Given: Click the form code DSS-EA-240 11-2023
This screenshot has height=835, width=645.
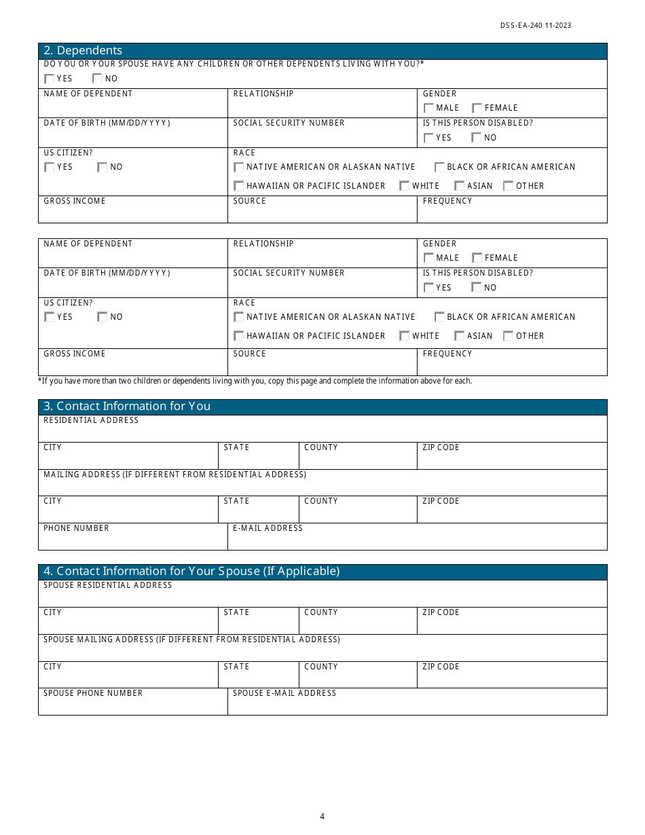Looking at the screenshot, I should pos(536,26).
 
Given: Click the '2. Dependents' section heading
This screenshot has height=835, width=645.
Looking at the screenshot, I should pos(83,51).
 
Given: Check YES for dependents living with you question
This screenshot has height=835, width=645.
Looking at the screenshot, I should pos(50,79).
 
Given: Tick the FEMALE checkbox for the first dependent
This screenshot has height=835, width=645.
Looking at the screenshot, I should pos(477,108).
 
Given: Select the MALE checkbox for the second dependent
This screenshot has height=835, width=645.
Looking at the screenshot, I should pos(428,258).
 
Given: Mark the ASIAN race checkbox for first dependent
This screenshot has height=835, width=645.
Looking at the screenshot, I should pos(460,186).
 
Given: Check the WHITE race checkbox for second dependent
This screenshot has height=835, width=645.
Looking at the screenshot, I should pos(405,336).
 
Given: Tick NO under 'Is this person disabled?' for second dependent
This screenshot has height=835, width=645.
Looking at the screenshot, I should pos(477,288).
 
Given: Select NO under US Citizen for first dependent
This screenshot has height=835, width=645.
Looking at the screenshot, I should pos(103,167).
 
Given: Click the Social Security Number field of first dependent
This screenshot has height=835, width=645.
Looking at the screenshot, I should pos(322,136).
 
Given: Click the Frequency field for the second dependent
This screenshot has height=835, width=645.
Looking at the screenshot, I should pos(511,366).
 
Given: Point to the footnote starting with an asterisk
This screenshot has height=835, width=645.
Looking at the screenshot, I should pos(255,381).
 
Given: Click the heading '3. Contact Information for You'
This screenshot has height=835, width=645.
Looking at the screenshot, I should pos(127,407).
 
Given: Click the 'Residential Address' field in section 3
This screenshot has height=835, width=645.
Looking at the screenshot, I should pos(322,432).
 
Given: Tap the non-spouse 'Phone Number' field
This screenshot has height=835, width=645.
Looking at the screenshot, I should pos(132,540).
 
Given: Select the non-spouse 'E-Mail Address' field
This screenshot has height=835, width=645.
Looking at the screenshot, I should pos(417,540).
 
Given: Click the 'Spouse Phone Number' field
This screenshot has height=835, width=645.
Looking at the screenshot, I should pos(132,705).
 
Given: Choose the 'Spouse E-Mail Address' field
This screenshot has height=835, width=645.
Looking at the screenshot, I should pos(417,705).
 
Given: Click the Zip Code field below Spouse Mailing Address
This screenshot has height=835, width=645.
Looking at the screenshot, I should pos(511,678).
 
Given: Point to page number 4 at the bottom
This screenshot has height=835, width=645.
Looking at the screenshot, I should pos(322,817).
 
